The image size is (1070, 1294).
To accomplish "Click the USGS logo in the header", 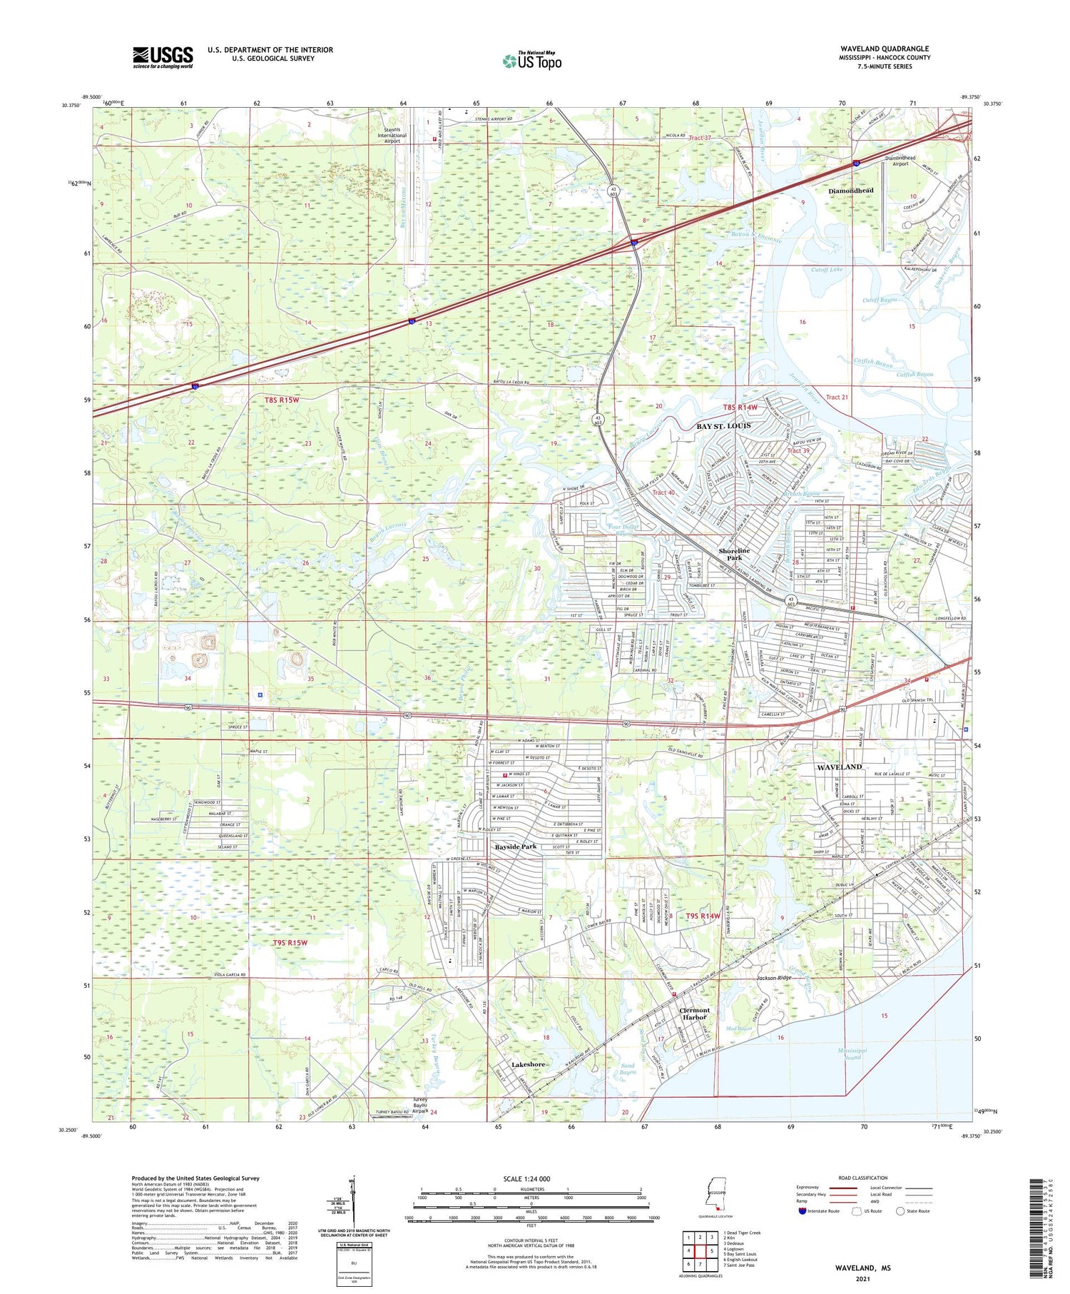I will click(x=163, y=57).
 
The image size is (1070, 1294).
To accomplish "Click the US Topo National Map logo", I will click(x=532, y=61).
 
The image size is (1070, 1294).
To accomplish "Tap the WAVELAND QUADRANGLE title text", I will click(x=885, y=49).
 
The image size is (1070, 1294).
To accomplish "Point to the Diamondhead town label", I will click(x=850, y=191).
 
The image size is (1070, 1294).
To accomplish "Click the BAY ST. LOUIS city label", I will click(x=723, y=426).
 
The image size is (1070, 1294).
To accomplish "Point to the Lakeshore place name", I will click(x=528, y=1064).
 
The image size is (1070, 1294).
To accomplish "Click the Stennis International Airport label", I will click(x=392, y=136).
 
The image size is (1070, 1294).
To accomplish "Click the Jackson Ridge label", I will click(x=774, y=978).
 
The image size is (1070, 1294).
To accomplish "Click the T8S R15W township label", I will click(x=282, y=400).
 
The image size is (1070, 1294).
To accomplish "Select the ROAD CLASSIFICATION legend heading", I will click(x=863, y=1178).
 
